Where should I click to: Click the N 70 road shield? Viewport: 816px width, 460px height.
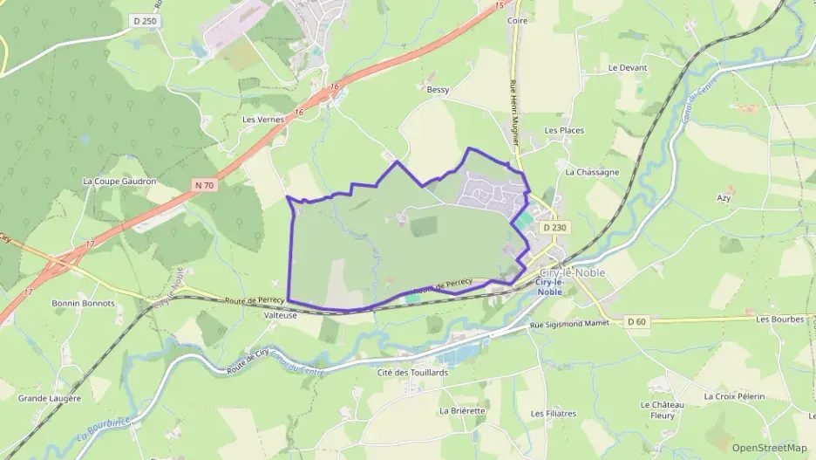[205, 185]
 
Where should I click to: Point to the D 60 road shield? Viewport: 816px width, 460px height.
[636, 321]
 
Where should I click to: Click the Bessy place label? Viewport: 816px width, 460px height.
[438, 89]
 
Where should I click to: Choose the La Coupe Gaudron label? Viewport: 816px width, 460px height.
[119, 182]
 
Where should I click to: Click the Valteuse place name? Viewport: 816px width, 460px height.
[280, 317]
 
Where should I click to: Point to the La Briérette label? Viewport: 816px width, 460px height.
[463, 410]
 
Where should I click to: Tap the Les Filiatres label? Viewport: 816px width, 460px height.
[554, 413]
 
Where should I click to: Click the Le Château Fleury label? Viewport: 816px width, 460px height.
[663, 410]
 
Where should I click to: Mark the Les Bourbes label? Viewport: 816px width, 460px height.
[780, 319]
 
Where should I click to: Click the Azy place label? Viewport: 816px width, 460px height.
[724, 198]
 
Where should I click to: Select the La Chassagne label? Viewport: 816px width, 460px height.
[592, 172]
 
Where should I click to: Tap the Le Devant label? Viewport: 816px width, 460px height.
[625, 67]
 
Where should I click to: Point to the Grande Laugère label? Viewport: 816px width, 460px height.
[50, 398]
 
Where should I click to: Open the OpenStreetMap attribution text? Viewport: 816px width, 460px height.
[769, 448]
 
